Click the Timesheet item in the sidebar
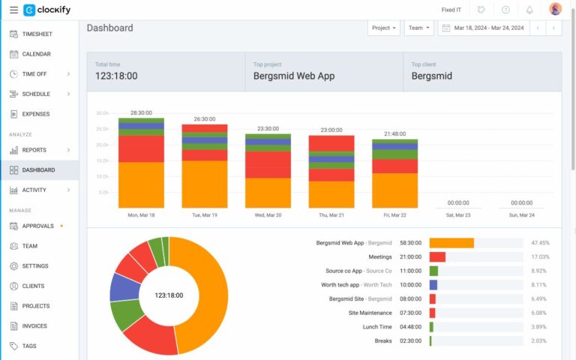tap(37, 34)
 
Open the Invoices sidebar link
tap(34, 326)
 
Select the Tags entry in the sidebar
tap(29, 346)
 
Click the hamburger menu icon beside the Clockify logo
tap(13, 10)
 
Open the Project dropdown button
tap(383, 28)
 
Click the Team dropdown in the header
tap(418, 28)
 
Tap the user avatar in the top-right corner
tap(555, 10)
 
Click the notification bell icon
tap(529, 10)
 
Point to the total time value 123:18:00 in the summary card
tap(116, 76)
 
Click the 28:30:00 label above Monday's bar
tap(141, 112)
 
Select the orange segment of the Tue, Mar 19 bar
tap(205, 184)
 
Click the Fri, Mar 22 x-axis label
tap(394, 214)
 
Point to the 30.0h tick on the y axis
tap(102, 113)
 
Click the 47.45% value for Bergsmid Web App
tap(540, 243)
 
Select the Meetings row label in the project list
tap(380, 256)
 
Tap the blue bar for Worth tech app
tap(433, 285)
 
